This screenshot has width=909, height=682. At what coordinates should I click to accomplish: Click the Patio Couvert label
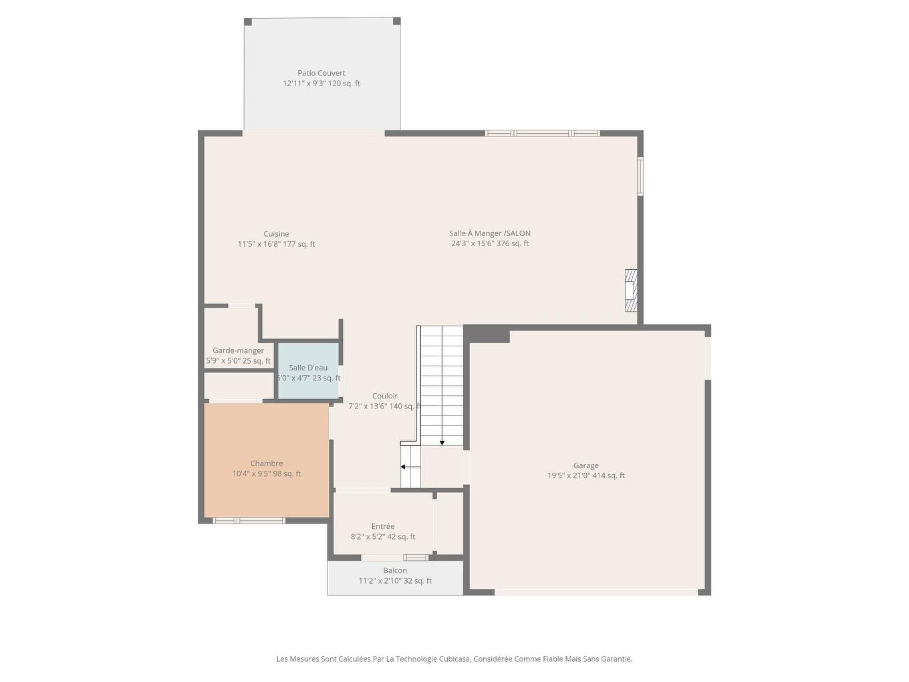[321, 73]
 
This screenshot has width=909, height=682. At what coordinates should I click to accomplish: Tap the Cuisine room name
[276, 233]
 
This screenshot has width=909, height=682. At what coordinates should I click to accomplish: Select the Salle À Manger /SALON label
[489, 233]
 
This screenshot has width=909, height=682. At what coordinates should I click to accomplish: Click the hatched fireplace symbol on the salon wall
[630, 290]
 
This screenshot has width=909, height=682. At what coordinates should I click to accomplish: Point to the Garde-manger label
[238, 350]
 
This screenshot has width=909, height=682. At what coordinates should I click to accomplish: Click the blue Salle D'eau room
[308, 371]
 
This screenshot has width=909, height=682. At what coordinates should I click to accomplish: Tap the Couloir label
[384, 396]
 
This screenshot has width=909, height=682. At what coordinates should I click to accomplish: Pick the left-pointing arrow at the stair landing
[404, 467]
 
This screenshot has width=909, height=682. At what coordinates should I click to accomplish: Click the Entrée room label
[382, 526]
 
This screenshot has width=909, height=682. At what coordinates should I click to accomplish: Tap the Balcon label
[394, 570]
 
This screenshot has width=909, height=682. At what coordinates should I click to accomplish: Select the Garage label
[586, 465]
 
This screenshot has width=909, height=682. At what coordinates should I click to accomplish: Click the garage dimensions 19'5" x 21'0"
[568, 476]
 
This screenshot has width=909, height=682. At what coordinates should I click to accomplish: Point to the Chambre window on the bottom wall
[249, 520]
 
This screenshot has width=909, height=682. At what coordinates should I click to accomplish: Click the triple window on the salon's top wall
[542, 133]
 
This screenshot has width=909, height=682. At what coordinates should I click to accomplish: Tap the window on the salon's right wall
[640, 177]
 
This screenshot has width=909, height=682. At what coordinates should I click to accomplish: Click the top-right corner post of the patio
[396, 21]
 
